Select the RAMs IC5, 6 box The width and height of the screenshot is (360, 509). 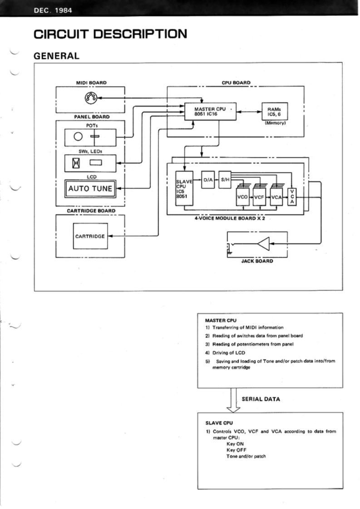[274, 112]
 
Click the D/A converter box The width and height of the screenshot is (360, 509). [208, 179]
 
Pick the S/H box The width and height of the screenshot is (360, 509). [225, 179]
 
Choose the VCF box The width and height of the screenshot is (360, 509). [259, 197]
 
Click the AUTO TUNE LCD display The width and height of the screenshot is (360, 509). [90, 189]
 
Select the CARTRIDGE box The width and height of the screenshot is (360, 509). [90, 236]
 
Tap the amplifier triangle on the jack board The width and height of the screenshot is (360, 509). [263, 245]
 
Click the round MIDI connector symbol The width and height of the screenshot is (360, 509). [90, 98]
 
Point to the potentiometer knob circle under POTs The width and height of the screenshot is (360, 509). [78, 136]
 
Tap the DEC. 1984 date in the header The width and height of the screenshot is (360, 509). [55, 9]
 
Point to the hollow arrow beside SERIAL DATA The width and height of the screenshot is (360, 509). [234, 401]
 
